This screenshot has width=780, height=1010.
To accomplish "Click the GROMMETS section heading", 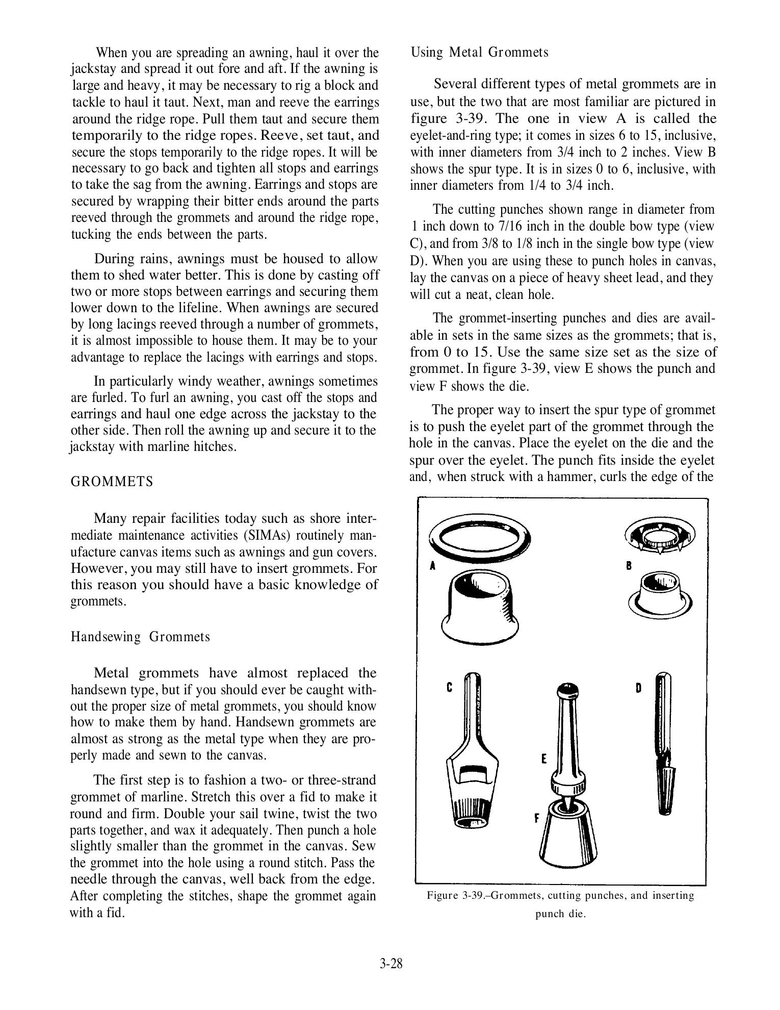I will [x=112, y=482].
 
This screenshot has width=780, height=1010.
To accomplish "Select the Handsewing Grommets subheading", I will [x=140, y=637].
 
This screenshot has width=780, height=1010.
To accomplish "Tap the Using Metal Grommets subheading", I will [x=479, y=53].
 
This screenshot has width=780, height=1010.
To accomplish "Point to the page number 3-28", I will [x=391, y=964].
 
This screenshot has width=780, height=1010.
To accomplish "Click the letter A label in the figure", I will [x=432, y=566].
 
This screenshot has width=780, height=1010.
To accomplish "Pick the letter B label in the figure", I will [x=629, y=565].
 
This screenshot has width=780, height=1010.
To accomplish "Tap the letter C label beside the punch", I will [x=450, y=687].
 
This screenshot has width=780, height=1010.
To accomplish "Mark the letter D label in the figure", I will [x=638, y=688].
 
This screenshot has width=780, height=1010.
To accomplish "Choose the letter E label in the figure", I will [x=544, y=759].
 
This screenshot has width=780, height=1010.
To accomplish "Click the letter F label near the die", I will [x=536, y=819].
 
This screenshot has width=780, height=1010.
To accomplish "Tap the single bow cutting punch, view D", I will [x=663, y=745].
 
